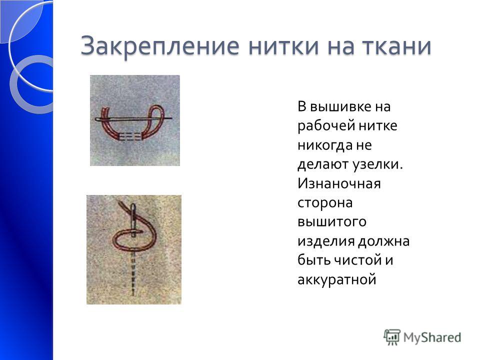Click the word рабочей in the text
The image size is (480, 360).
pos(325,126)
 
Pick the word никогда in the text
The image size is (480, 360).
pos(325,145)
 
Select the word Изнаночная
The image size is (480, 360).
pos(339,183)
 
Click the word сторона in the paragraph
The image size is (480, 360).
pos(325,203)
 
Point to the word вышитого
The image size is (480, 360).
pos(332,222)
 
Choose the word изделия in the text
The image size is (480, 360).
pos(325,241)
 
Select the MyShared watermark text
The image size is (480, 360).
pos(432,337)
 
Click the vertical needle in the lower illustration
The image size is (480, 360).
pos(133,220)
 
